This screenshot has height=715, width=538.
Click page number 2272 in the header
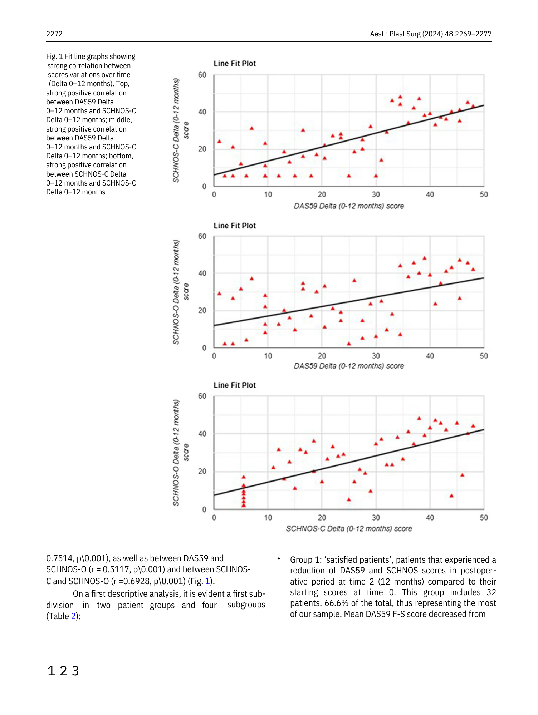pos(54,34)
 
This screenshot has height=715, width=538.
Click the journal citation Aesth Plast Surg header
pos(431,34)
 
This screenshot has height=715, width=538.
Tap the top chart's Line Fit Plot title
pos(235,64)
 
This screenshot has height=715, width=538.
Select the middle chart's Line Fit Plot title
pos(235,226)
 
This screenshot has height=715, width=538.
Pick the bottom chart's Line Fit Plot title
pos(235,385)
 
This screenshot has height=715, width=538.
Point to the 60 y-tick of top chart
pos(202,75)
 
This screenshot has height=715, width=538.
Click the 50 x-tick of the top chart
pos(484,194)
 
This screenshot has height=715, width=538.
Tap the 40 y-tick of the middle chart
pos(202,273)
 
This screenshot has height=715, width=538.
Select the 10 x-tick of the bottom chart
pos(268,517)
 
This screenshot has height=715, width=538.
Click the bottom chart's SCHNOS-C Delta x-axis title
pos(349,528)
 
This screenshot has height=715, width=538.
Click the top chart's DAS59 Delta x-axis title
pos(349,206)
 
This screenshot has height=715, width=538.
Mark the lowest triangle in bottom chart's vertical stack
pos(244,505)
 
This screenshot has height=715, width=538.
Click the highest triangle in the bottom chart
pos(419,418)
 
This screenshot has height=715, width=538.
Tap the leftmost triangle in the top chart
pos(219,142)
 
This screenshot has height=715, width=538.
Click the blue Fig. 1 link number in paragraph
pos(207,581)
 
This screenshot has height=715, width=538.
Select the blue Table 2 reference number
pos(73,616)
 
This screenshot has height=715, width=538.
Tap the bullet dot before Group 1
pos(278,558)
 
